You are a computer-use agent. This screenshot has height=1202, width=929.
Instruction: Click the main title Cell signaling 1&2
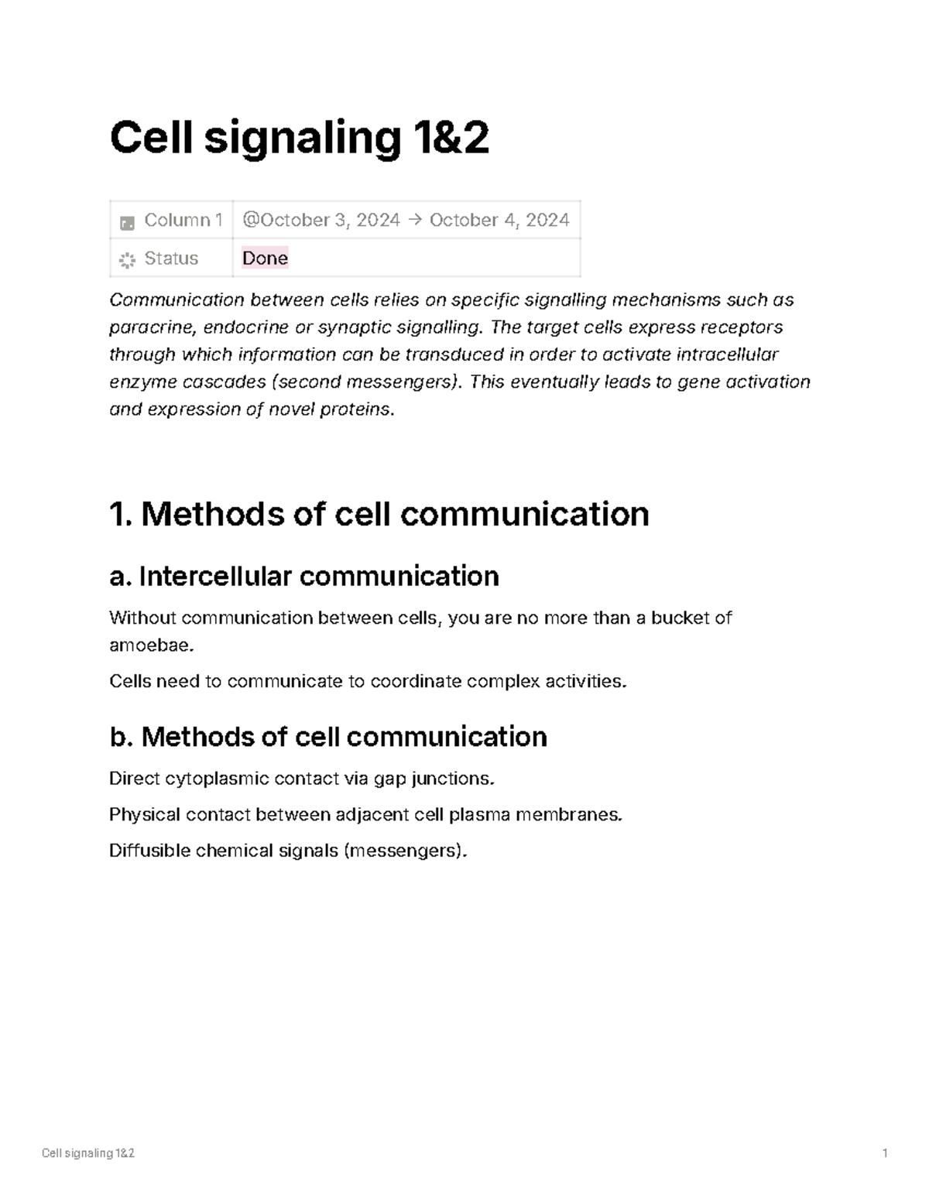tap(299, 138)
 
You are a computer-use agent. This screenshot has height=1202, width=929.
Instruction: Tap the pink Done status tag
tap(265, 258)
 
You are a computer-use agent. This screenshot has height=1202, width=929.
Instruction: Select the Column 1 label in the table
tap(183, 221)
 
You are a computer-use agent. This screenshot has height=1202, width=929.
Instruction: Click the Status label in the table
tap(171, 259)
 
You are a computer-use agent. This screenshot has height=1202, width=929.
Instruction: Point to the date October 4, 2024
tap(499, 221)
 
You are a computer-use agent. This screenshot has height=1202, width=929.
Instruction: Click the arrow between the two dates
tap(414, 221)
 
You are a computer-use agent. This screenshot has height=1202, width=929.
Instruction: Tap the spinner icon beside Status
tap(127, 259)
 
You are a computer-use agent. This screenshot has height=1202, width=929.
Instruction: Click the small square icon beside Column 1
tap(127, 223)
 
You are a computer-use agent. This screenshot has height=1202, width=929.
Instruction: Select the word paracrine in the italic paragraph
tap(151, 327)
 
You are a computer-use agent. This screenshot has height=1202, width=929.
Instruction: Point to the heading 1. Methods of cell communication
tap(379, 514)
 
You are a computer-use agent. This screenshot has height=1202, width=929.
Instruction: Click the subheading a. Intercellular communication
tap(304, 577)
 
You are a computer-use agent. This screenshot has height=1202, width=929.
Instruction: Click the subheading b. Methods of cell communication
tap(328, 737)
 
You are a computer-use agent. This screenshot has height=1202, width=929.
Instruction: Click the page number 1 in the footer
tap(884, 1153)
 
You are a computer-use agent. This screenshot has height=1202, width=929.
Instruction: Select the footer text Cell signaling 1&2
tap(88, 1153)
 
